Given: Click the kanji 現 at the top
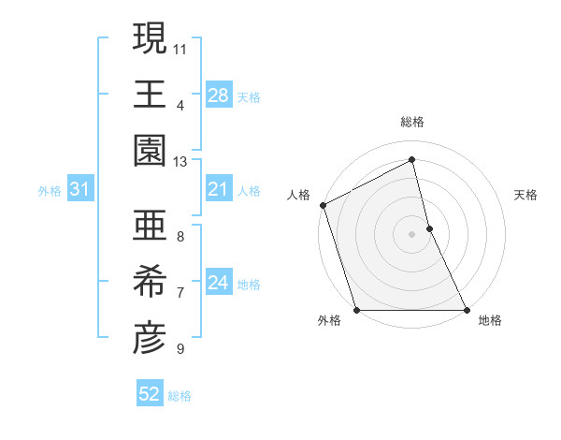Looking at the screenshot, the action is tap(149, 39).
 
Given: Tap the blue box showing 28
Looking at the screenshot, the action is tap(218, 95).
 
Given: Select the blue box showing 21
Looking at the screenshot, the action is tap(218, 190).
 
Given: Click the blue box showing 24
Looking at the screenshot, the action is tap(218, 284).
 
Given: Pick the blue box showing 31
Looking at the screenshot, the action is tap(79, 190).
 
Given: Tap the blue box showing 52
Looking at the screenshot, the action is tap(149, 394).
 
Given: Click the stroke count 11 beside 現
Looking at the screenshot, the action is tap(180, 48).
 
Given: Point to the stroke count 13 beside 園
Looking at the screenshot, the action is tap(180, 162).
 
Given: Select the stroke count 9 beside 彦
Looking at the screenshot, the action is tap(180, 349).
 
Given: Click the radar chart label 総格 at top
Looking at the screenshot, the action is tap(412, 122).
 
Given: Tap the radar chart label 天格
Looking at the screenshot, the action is tap(526, 195).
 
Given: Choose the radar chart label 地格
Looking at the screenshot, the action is tap(490, 321).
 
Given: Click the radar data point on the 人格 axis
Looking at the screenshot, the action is tap(324, 205).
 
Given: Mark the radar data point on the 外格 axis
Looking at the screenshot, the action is tap(357, 310).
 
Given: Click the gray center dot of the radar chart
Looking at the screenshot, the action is tap(412, 234).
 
